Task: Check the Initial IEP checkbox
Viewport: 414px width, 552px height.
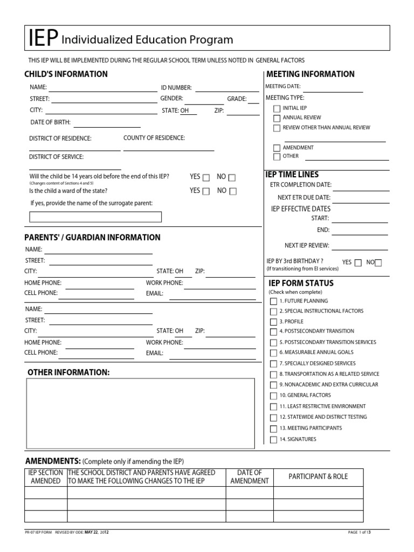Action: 277,108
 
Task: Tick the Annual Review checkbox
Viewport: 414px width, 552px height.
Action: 277,118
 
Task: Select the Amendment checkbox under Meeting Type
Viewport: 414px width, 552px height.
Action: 277,148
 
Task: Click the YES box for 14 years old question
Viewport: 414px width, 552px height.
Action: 206,177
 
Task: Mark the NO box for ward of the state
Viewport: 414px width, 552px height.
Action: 232,191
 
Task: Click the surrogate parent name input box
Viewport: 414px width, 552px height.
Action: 95,217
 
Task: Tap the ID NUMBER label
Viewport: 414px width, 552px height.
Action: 176,87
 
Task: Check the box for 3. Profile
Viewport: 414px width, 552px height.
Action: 273,322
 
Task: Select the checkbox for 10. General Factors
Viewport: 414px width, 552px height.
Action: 273,396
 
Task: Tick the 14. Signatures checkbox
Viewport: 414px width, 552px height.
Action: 273,440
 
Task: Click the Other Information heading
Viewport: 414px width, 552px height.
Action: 68,372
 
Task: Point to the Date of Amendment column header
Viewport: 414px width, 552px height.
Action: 249,477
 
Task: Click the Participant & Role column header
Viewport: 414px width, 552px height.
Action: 318,477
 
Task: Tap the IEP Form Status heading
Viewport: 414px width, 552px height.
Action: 301,283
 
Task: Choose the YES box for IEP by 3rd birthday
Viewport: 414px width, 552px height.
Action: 358,263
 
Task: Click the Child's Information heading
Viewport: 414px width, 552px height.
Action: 66,74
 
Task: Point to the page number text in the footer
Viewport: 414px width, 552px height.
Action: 360,533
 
